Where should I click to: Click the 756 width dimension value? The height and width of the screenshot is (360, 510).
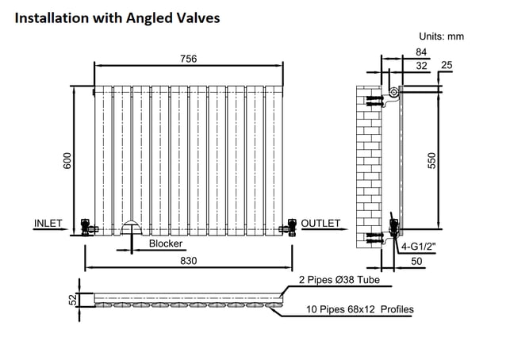(x=188, y=59)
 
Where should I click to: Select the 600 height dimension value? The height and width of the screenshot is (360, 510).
(x=67, y=161)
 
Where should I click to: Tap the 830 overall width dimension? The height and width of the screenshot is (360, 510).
(x=188, y=261)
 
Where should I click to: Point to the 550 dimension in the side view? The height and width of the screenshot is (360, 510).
(x=431, y=161)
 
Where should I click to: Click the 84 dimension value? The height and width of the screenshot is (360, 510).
(x=421, y=52)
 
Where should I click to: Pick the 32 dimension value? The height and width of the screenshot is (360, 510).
(x=421, y=66)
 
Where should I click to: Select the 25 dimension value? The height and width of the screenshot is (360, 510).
(x=447, y=65)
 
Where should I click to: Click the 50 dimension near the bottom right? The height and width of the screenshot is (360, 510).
(x=416, y=261)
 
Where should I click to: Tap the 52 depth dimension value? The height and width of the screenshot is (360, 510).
(x=75, y=299)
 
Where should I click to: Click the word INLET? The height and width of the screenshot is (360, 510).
(x=48, y=224)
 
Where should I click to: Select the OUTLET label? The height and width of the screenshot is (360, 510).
(x=320, y=224)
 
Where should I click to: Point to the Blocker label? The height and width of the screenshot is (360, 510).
(x=166, y=243)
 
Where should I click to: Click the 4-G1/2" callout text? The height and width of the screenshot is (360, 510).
(x=418, y=247)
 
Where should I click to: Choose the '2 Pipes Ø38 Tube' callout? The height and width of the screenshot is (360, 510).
(x=339, y=280)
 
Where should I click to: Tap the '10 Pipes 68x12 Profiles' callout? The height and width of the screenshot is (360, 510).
(x=360, y=309)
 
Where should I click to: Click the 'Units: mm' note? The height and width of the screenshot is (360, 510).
(x=441, y=36)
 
